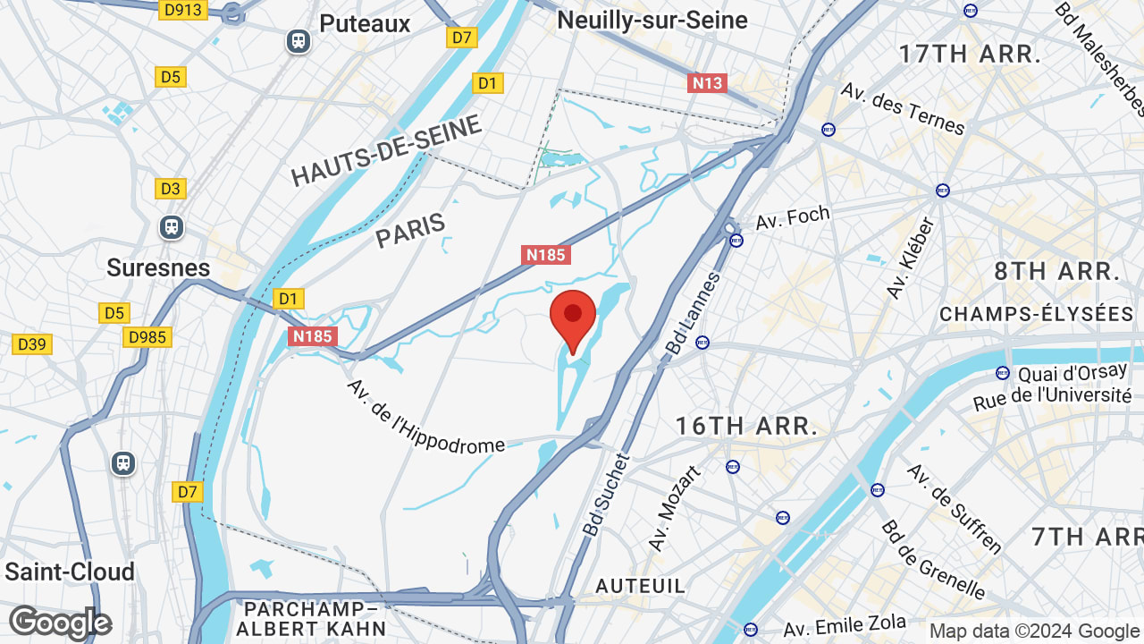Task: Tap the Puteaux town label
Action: [365, 24]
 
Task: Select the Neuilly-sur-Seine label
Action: [652, 20]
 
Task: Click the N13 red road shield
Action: [707, 83]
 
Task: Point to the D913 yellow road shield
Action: [183, 10]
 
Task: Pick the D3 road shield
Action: [171, 189]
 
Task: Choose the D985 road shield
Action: [147, 337]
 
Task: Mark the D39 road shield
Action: [33, 344]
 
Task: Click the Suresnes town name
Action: [158, 267]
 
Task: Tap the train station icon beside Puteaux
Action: [299, 41]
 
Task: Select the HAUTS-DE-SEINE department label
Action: [386, 151]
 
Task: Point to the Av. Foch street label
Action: [794, 216]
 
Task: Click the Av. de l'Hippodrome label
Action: [425, 417]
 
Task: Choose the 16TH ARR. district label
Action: [746, 426]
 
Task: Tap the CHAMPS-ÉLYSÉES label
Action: [1036, 314]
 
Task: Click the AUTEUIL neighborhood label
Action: [641, 586]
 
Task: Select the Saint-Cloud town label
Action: [70, 572]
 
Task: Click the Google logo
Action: [60, 623]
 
